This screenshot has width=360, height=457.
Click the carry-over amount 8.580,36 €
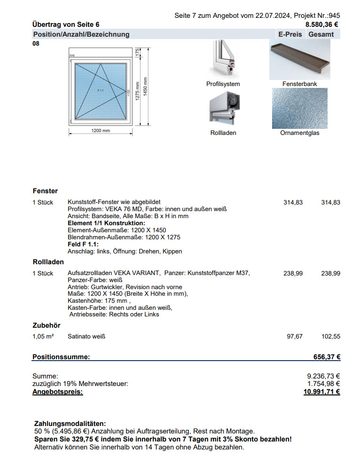pos(322,24)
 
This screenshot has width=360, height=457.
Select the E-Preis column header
pos(290,34)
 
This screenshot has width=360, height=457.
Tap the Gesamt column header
pos(321,34)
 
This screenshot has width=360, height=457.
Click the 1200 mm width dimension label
pos(101,131)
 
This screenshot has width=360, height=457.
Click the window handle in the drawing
pos(127,90)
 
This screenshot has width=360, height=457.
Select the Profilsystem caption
pos(223,84)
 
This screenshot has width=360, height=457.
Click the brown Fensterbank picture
pos(299,59)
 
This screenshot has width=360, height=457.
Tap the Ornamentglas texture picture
pos(299,108)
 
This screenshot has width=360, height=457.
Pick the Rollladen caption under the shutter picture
pos(223,133)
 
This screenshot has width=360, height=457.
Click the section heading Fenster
pos(45,191)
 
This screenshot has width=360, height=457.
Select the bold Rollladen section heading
pos(48,262)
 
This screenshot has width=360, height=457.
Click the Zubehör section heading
pos(47,325)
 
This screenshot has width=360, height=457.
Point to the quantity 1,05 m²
pos(42,337)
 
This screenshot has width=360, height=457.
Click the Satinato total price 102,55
pos(330,337)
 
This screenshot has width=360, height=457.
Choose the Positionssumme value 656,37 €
pos(327,357)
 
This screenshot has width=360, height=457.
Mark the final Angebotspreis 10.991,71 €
pos(322,392)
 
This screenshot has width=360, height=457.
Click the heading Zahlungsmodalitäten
pos(70,424)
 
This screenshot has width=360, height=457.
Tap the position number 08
pos(36,44)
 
